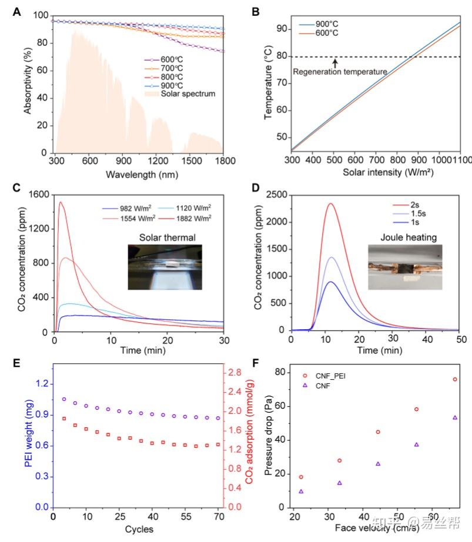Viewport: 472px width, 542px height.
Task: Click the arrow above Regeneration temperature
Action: click(x=335, y=62)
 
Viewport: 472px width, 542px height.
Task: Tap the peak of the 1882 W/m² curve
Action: click(x=61, y=202)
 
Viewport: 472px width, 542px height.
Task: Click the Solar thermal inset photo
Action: click(x=165, y=267)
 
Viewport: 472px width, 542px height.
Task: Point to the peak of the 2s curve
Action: click(x=331, y=203)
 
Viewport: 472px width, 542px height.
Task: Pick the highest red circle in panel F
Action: click(x=455, y=379)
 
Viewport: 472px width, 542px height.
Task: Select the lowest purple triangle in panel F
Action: click(x=301, y=491)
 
